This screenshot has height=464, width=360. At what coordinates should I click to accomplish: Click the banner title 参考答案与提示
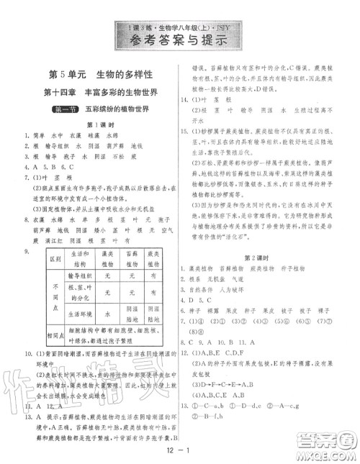pos(181,39)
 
